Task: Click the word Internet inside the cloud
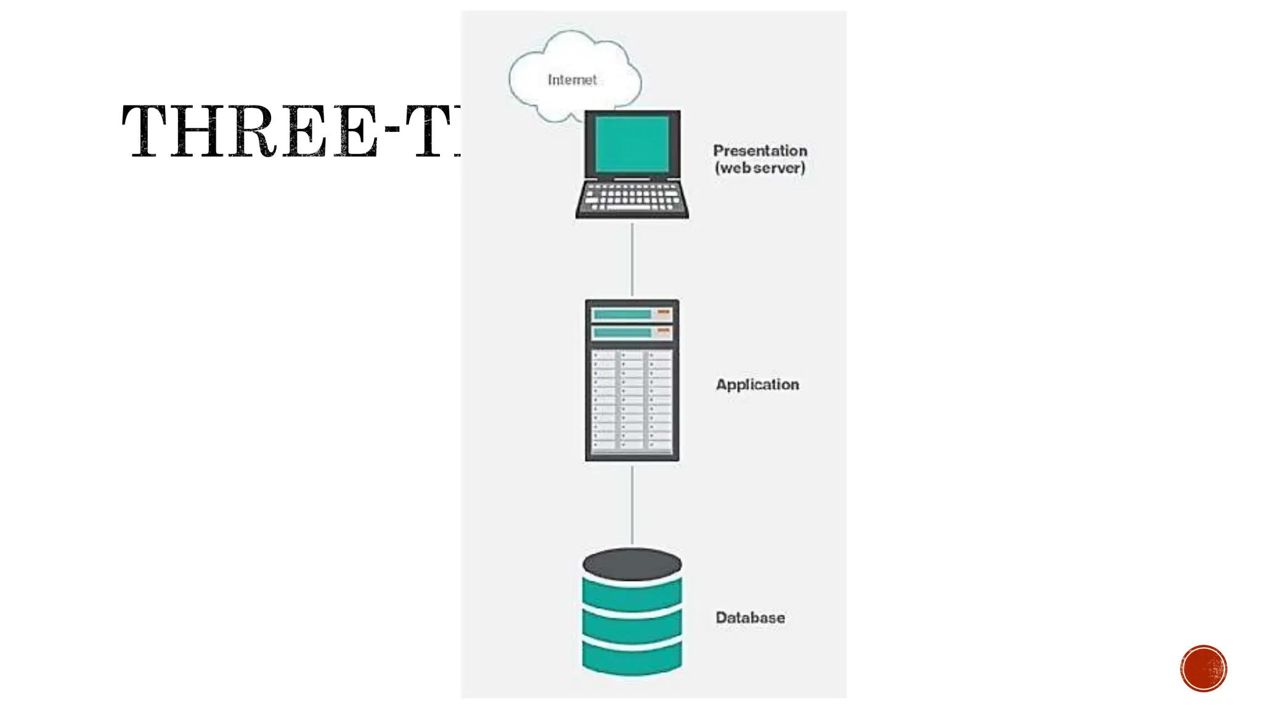click(572, 80)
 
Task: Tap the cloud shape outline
click(511, 75)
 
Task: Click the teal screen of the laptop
click(632, 144)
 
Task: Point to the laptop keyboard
click(632, 197)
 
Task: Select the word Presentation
click(760, 150)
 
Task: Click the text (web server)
click(760, 168)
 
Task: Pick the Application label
click(757, 385)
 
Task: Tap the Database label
click(750, 618)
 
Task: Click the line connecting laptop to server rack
click(632, 259)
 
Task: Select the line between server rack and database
click(632, 505)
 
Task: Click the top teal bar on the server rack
click(622, 314)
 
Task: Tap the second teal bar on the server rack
click(622, 333)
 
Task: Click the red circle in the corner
click(1203, 669)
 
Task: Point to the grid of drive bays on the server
click(632, 401)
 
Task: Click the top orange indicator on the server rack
click(664, 312)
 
